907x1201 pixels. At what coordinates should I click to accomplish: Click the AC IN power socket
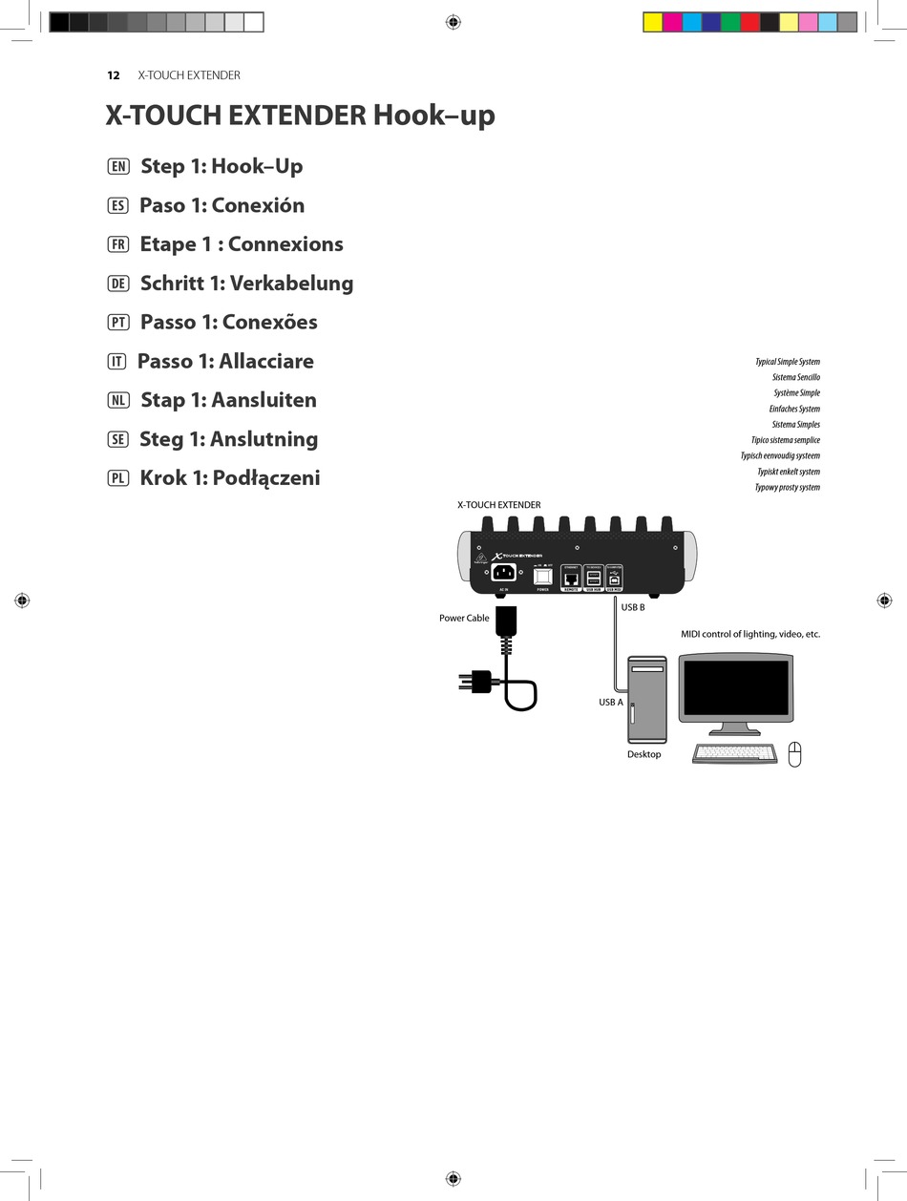(x=503, y=572)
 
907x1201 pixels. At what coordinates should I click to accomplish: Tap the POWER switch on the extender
(x=543, y=576)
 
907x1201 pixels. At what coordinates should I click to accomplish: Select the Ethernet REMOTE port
(x=571, y=579)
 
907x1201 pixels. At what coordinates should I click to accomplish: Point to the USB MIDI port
(x=615, y=579)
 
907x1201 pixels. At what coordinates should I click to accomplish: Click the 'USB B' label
(x=633, y=607)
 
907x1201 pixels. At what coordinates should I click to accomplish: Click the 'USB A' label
(x=610, y=703)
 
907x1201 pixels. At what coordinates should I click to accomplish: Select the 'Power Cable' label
(x=464, y=619)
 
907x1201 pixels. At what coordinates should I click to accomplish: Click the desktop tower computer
(x=646, y=699)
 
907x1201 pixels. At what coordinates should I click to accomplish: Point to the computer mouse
(x=794, y=754)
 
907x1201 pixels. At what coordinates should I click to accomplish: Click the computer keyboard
(x=735, y=753)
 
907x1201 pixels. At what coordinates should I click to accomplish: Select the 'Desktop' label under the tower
(x=643, y=755)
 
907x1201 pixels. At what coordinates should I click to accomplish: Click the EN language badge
(x=118, y=167)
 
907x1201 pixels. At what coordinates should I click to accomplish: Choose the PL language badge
(x=118, y=478)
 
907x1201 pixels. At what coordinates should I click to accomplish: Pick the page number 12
(x=114, y=75)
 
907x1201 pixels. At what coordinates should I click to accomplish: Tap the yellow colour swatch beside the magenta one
(x=653, y=22)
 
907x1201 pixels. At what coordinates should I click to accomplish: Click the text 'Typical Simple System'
(x=787, y=362)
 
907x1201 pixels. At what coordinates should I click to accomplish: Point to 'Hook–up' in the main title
(x=433, y=116)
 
